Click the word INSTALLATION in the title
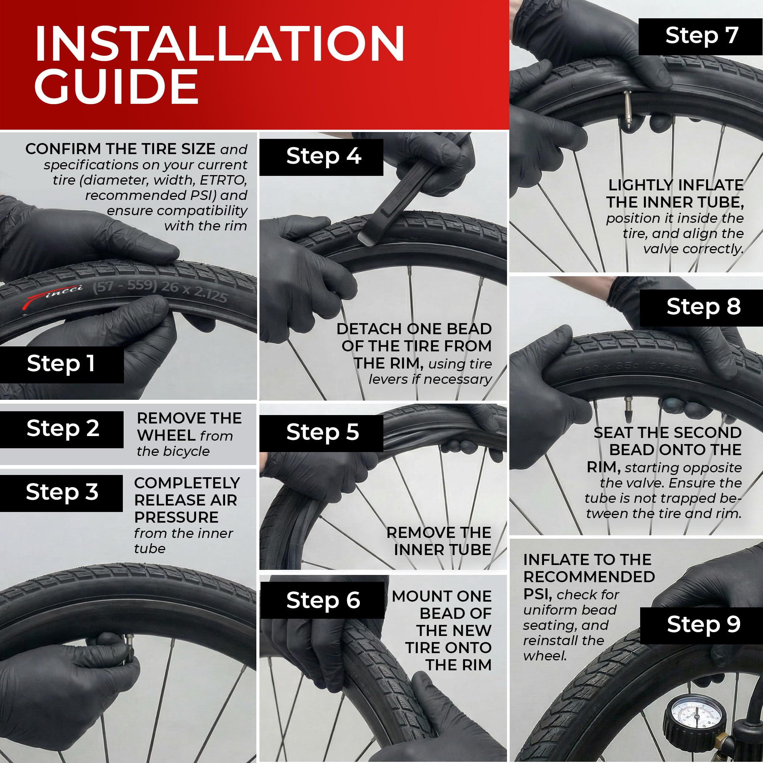[220, 43]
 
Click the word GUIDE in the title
[116, 86]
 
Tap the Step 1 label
[61, 364]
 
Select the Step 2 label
[61, 429]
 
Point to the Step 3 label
[61, 493]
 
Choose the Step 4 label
[322, 157]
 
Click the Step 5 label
[322, 433]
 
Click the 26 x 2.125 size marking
[194, 291]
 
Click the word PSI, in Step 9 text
[538, 594]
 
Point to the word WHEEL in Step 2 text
[166, 436]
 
